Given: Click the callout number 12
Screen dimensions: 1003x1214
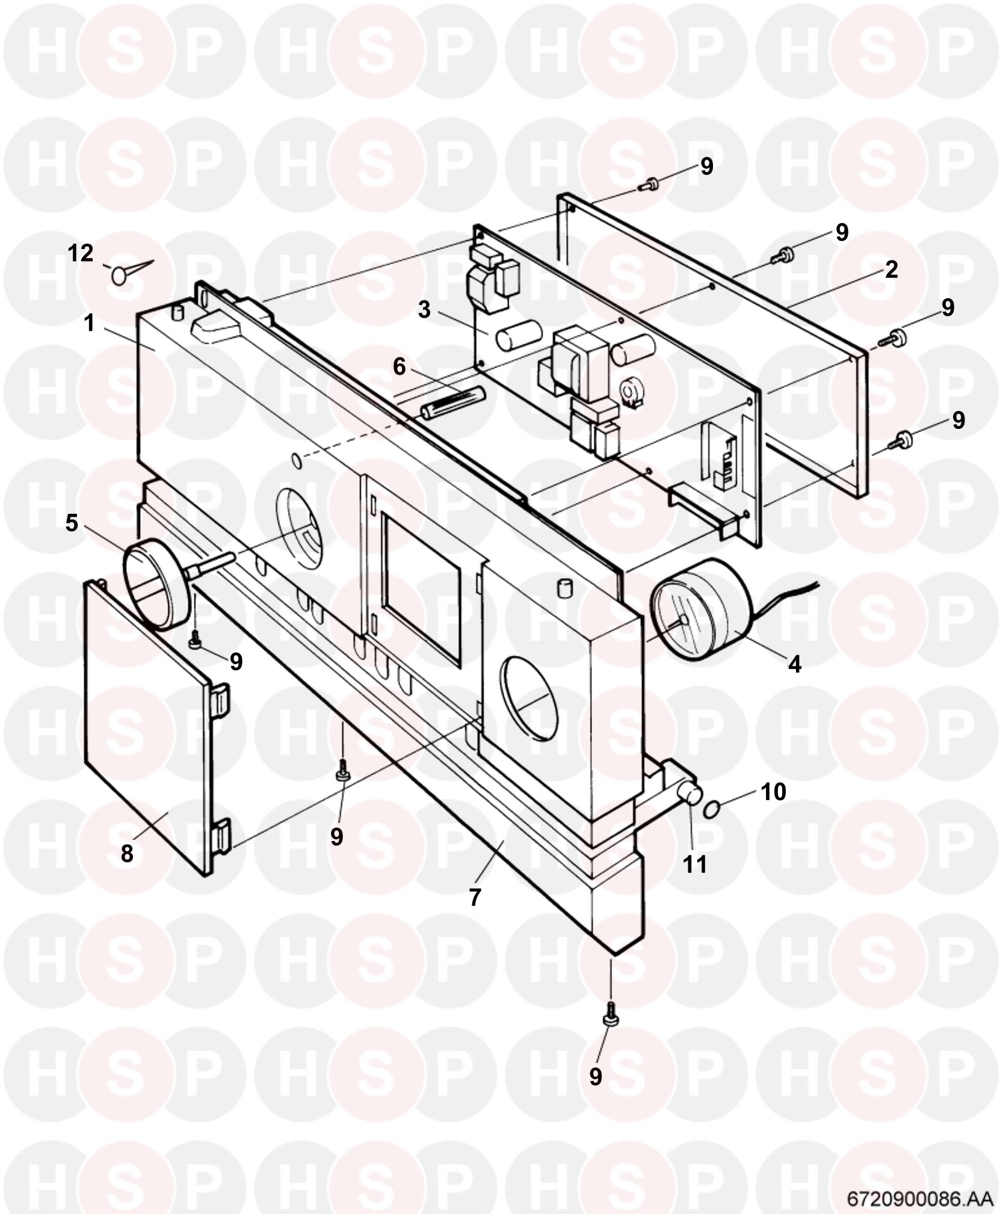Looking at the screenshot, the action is coord(81,253).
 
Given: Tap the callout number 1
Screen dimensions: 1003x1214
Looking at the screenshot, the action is coord(90,323).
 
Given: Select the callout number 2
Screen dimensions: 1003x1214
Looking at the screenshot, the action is coord(891,269).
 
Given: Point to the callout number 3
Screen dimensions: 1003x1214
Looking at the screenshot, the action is coord(425,310).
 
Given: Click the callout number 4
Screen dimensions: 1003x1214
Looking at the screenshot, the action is coord(795,664).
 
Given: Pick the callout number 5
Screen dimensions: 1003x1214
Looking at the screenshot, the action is coord(72,523).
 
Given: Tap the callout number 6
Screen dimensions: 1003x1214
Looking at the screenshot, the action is coord(400,366).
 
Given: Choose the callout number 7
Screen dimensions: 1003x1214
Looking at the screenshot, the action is coord(475,898).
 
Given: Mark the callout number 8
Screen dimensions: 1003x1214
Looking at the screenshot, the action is coord(126,853).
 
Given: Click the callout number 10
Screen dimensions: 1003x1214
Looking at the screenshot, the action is coord(774,792).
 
